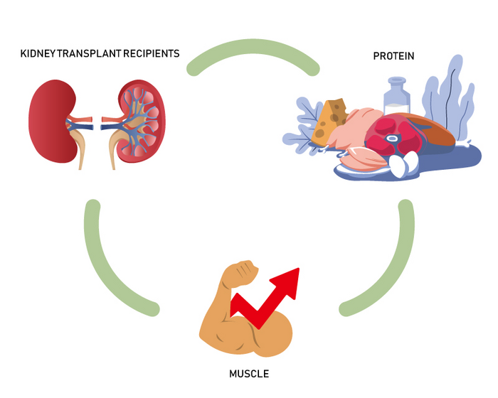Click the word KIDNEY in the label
(x=39, y=55)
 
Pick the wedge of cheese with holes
(x=331, y=121)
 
